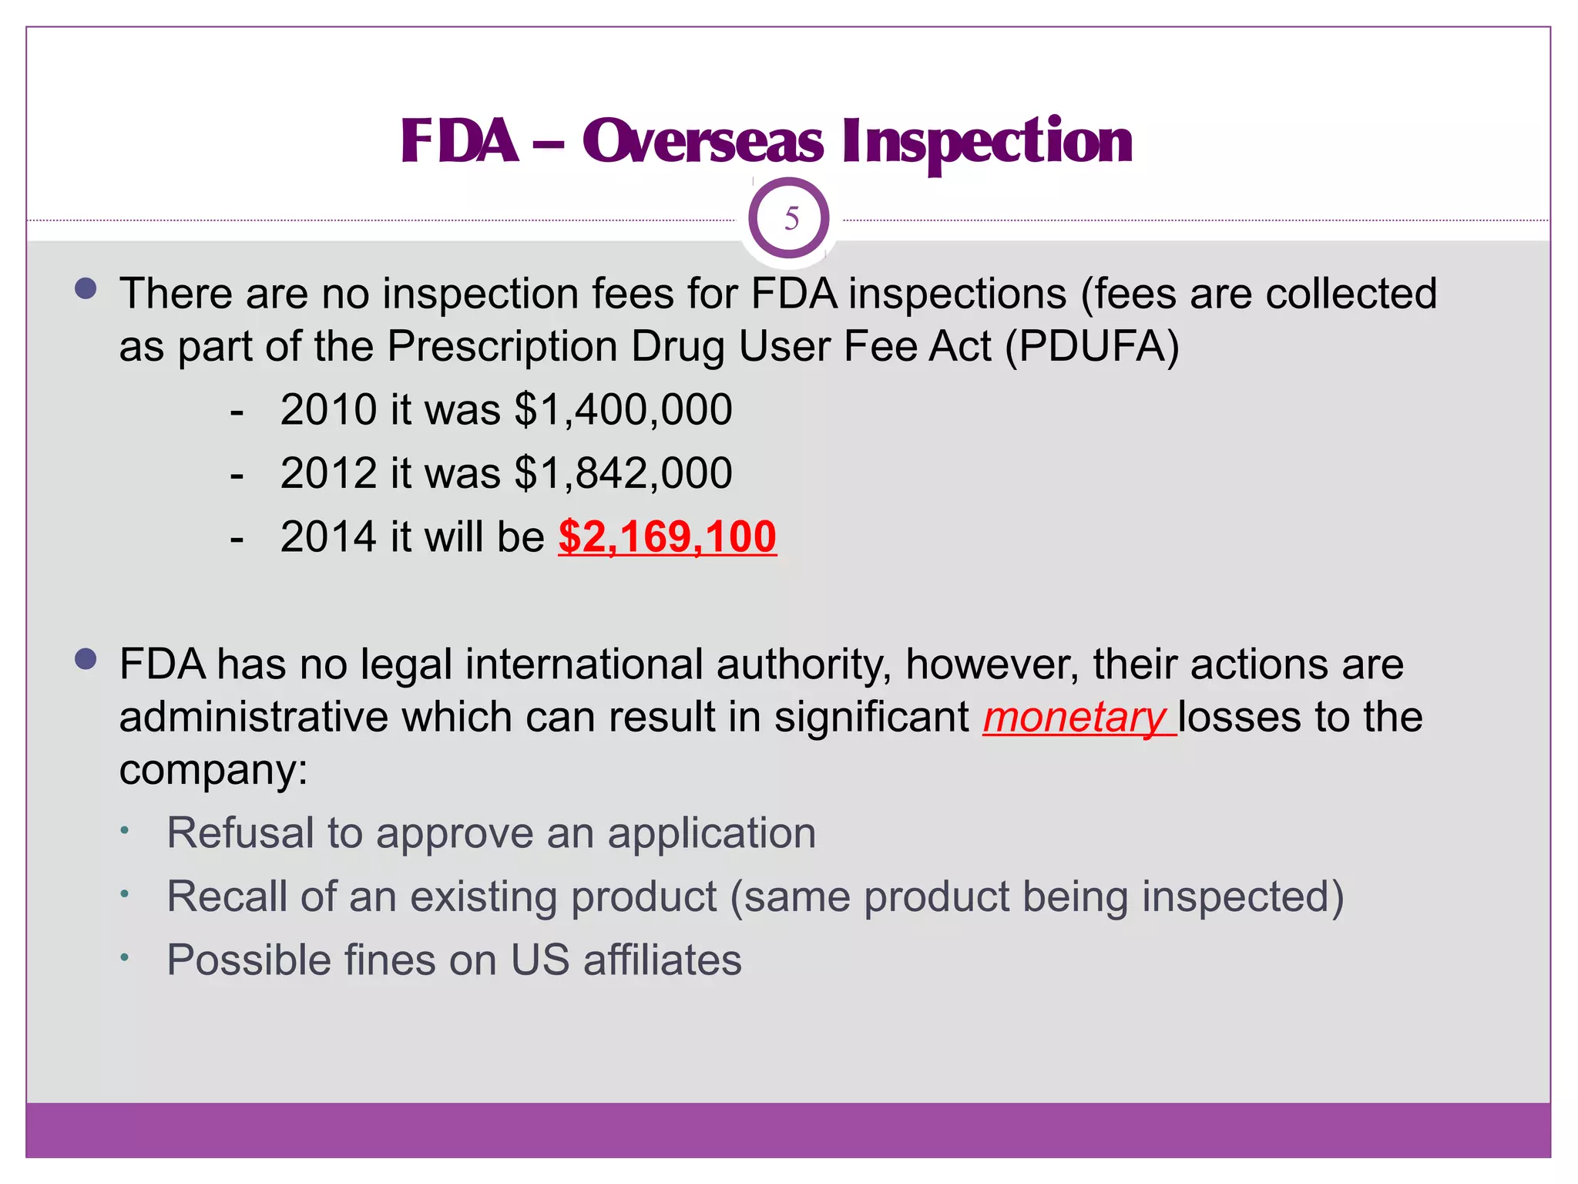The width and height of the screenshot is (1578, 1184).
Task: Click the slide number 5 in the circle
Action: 791,219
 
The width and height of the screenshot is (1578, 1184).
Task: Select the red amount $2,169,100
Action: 667,536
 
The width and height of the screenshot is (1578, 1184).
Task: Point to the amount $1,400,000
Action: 623,409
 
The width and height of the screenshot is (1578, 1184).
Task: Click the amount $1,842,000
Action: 623,473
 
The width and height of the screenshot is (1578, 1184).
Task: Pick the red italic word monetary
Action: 1076,718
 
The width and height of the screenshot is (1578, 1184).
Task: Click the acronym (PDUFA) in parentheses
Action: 1092,346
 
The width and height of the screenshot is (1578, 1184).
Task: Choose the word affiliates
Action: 662,960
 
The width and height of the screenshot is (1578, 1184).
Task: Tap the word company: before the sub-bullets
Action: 213,769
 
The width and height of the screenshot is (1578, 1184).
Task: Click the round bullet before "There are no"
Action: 86,289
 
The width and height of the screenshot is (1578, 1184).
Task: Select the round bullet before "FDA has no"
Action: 86,659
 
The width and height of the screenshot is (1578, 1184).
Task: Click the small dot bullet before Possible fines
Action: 124,958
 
